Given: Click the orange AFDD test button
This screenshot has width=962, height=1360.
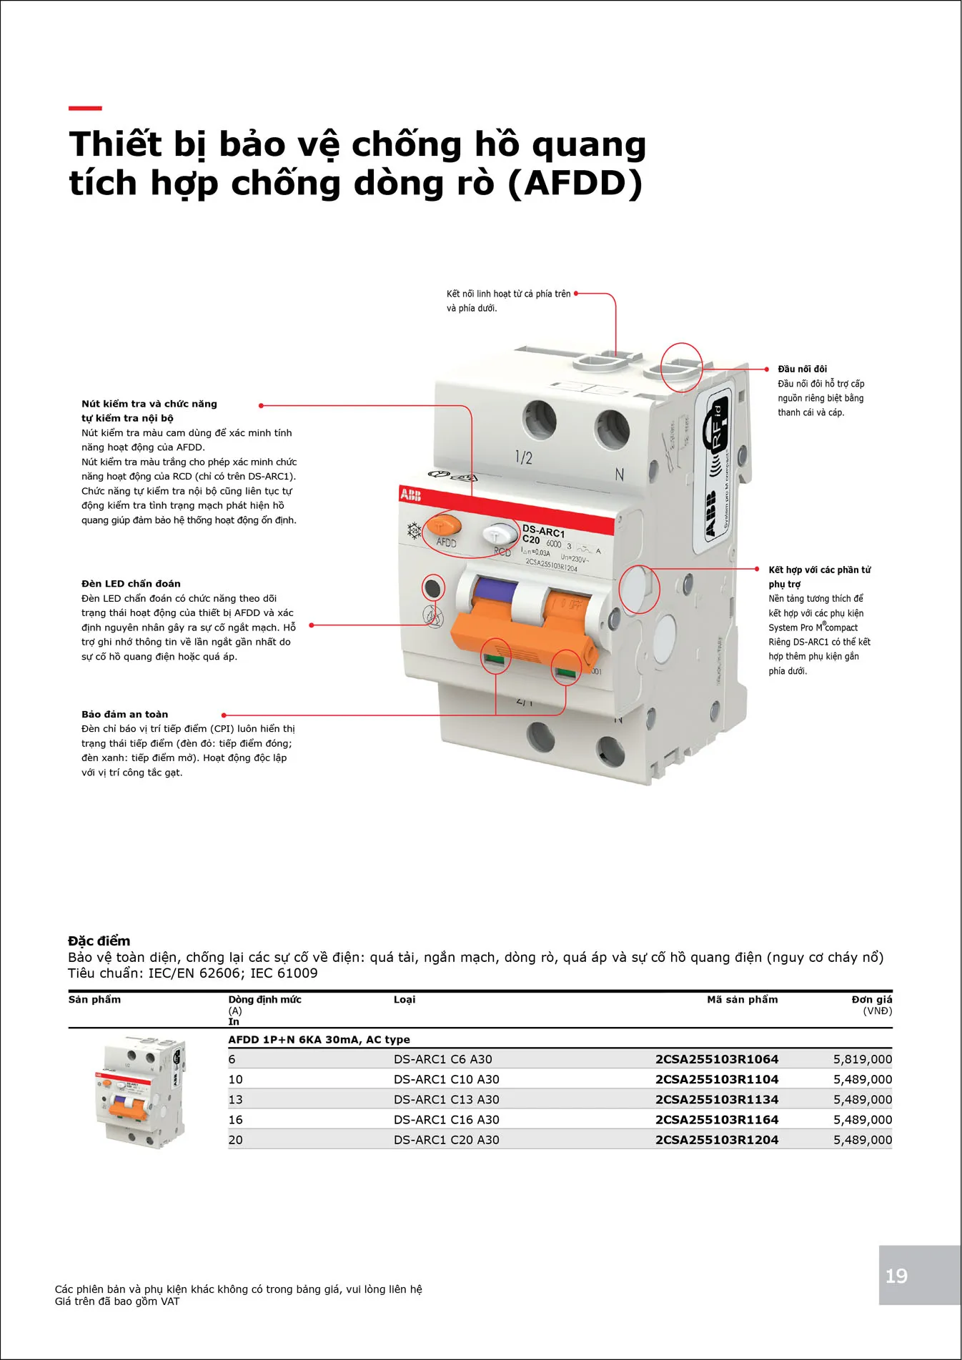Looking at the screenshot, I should (444, 526).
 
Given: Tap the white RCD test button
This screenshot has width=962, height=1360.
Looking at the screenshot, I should (499, 533).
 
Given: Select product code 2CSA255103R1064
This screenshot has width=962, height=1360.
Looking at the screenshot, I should (716, 1059).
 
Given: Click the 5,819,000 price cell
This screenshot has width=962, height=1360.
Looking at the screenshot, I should (862, 1059).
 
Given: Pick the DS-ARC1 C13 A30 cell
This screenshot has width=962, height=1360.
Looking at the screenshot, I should (446, 1099).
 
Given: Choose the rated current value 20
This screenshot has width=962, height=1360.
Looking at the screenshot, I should (236, 1140).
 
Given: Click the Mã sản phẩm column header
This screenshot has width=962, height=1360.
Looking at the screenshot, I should (742, 1000).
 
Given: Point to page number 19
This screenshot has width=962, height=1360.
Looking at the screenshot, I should (896, 1276).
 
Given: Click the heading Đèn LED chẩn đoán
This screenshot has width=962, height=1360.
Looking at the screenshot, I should (131, 584).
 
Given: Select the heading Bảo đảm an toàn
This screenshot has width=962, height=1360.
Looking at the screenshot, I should (125, 714).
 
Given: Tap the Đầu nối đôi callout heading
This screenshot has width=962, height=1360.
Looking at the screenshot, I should (802, 369).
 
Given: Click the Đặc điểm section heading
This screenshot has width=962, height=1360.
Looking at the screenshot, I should (99, 940).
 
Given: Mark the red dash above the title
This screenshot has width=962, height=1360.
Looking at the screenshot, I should (85, 109).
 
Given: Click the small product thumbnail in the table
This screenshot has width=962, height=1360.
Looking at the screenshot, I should (141, 1091).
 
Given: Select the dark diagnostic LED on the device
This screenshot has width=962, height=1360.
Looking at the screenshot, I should (432, 588).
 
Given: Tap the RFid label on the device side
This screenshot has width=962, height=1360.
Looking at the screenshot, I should (717, 429).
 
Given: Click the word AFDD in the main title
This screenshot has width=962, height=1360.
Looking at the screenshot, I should (575, 183).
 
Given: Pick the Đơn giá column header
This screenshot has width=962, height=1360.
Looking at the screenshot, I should (871, 1000).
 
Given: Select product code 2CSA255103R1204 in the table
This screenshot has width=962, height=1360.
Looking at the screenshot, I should (716, 1140).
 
